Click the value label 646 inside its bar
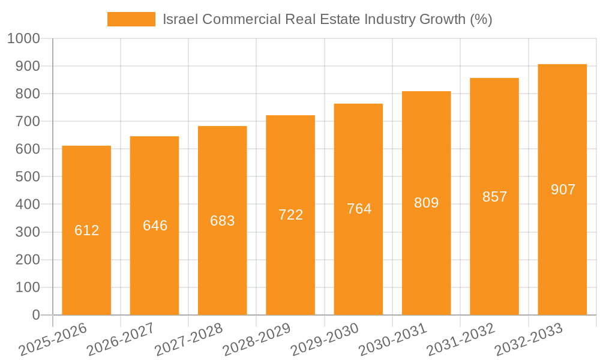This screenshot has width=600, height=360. click(155, 226)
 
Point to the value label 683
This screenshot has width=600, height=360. click(223, 220)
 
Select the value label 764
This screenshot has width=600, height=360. click(359, 209)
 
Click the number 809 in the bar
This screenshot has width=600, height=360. click(427, 203)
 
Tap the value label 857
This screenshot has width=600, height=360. click(494, 197)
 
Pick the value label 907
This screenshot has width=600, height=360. click(562, 190)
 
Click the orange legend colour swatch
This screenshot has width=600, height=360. click(131, 19)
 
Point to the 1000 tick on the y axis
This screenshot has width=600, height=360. click(24, 38)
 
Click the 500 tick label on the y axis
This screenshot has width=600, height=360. click(28, 177)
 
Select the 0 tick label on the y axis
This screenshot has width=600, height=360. click(35, 315)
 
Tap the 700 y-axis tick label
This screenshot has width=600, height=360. click(28, 121)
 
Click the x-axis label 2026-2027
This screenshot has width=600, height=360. click(121, 340)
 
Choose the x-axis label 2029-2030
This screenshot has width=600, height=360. click(325, 340)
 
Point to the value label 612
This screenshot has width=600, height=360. click(86, 230)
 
